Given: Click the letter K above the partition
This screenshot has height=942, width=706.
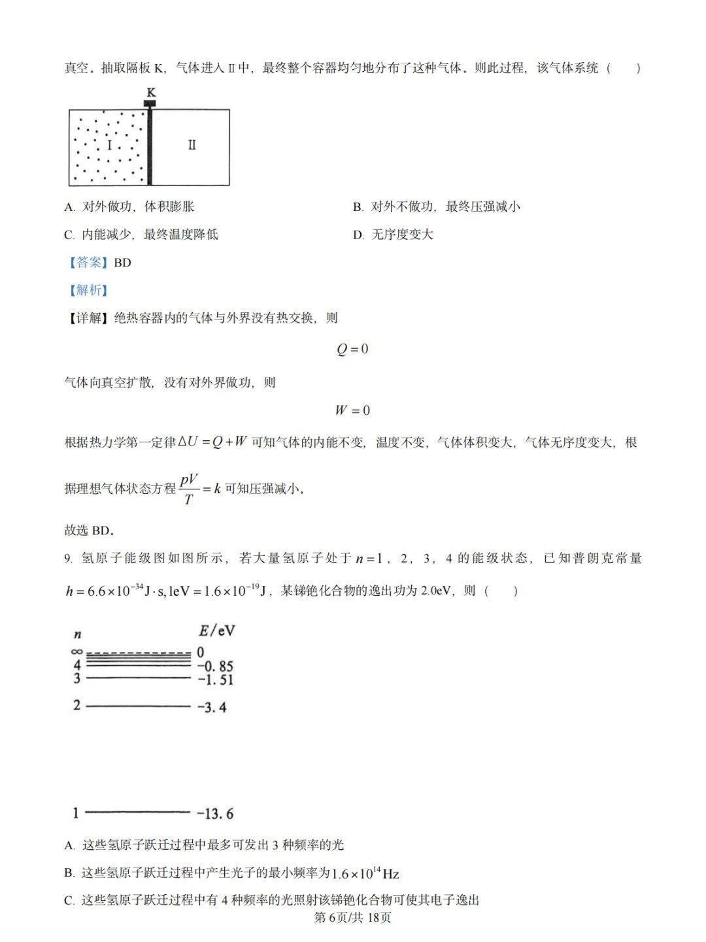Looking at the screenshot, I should (151, 92).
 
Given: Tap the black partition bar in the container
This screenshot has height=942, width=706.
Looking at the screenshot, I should (150, 147).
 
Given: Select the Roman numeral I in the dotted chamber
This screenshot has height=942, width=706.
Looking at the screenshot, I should (109, 145).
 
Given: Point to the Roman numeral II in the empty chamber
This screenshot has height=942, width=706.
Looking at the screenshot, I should (192, 145).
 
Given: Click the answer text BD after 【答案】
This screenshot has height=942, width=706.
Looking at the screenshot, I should (122, 263).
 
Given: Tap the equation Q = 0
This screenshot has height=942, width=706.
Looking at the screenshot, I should (352, 349).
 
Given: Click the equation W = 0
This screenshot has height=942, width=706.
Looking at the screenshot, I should (352, 410).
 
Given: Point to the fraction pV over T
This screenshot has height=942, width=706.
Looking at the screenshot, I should (189, 489).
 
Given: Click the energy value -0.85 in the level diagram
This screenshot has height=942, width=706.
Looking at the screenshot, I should (215, 666).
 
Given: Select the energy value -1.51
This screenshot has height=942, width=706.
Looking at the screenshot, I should (215, 679).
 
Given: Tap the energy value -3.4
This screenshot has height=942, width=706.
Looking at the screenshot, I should (212, 707).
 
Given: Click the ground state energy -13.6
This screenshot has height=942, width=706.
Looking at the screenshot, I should (215, 813).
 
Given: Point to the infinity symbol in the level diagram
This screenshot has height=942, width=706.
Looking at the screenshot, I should (77, 652).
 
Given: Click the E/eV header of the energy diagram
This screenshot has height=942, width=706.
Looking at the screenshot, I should (216, 630).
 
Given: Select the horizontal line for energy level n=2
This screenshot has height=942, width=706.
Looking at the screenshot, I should (138, 706).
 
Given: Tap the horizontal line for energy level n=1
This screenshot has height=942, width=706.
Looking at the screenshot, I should (138, 813).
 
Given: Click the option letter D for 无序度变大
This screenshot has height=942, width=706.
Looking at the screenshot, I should (358, 235).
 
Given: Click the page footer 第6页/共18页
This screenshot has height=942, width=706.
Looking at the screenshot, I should (353, 918).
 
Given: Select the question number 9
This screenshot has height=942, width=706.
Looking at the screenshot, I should (67, 559).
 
